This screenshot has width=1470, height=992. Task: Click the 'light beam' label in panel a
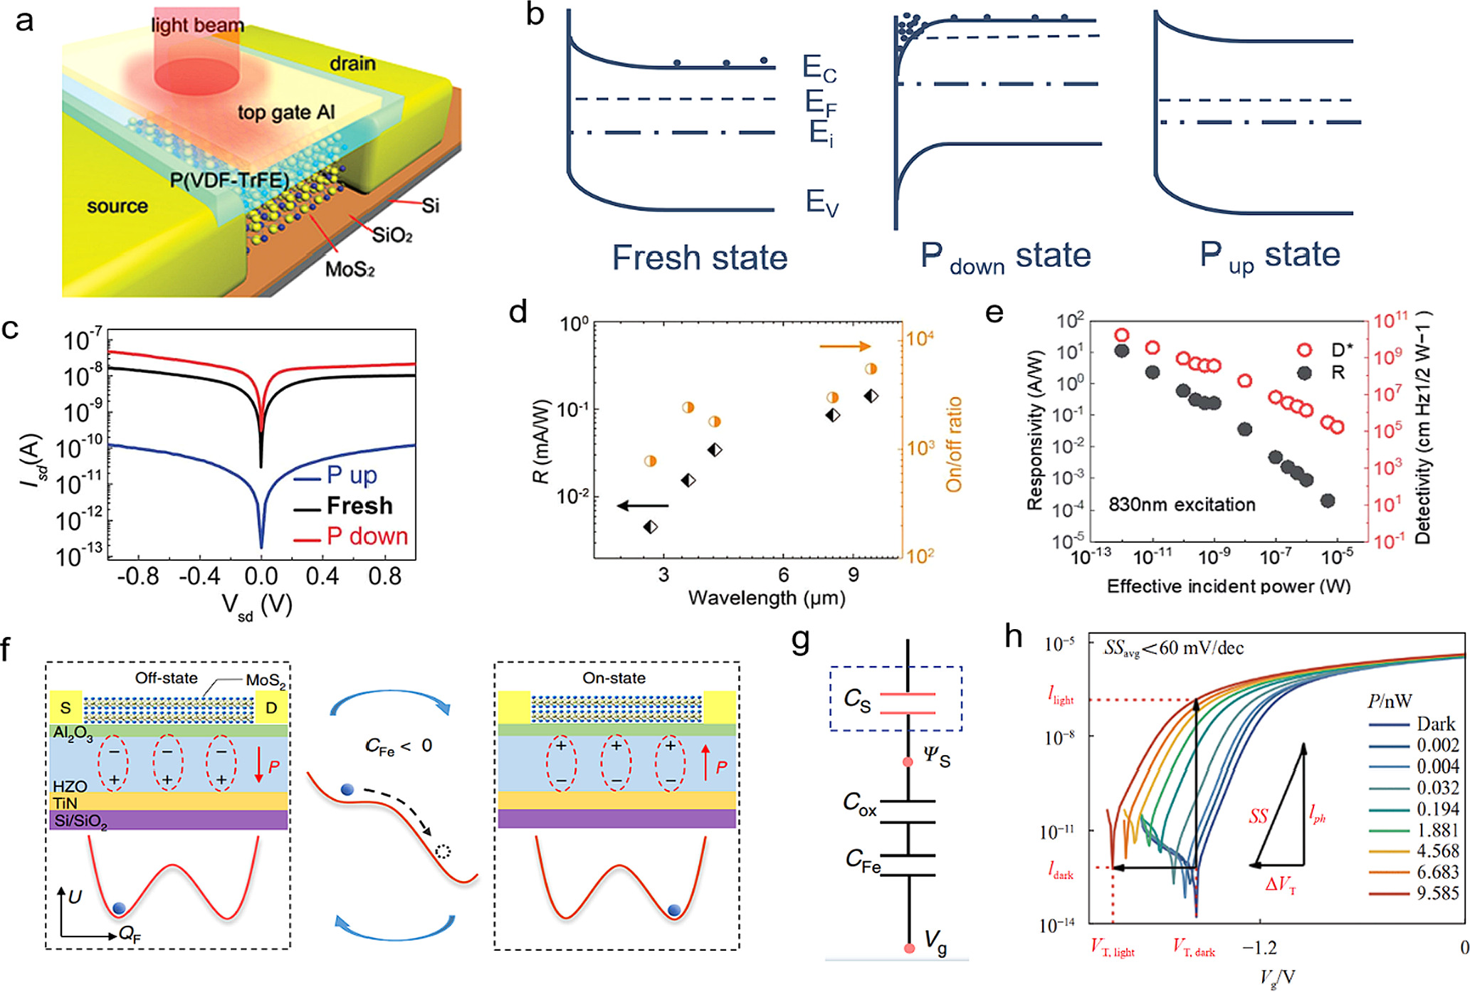[x=197, y=26]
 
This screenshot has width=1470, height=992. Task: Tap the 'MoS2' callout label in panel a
[x=350, y=270]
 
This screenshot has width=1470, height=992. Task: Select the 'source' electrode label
[x=117, y=206]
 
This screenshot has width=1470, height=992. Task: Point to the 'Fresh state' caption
[x=699, y=258]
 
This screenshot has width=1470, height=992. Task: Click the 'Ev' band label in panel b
[x=821, y=203]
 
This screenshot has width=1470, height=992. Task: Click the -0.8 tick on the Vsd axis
[x=138, y=576]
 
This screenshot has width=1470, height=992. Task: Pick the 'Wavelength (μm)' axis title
[x=767, y=598]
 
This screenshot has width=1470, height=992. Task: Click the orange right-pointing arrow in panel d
[x=845, y=347]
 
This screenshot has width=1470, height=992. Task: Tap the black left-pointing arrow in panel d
[x=643, y=506]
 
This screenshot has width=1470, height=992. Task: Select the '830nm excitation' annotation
[x=1182, y=505]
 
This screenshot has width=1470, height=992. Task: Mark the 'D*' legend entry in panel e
[x=1341, y=349]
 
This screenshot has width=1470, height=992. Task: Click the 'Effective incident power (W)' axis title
[x=1229, y=586]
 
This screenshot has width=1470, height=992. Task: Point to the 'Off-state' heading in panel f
[x=167, y=678]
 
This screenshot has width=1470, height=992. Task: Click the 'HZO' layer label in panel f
[x=70, y=786]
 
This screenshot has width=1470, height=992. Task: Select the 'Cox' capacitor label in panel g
[x=859, y=803]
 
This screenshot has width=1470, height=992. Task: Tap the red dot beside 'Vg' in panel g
[x=909, y=949]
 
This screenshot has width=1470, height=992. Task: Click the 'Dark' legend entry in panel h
[x=1436, y=724]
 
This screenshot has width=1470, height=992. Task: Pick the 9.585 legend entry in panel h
[x=1437, y=893]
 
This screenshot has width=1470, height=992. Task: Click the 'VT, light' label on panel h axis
[x=1113, y=949]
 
